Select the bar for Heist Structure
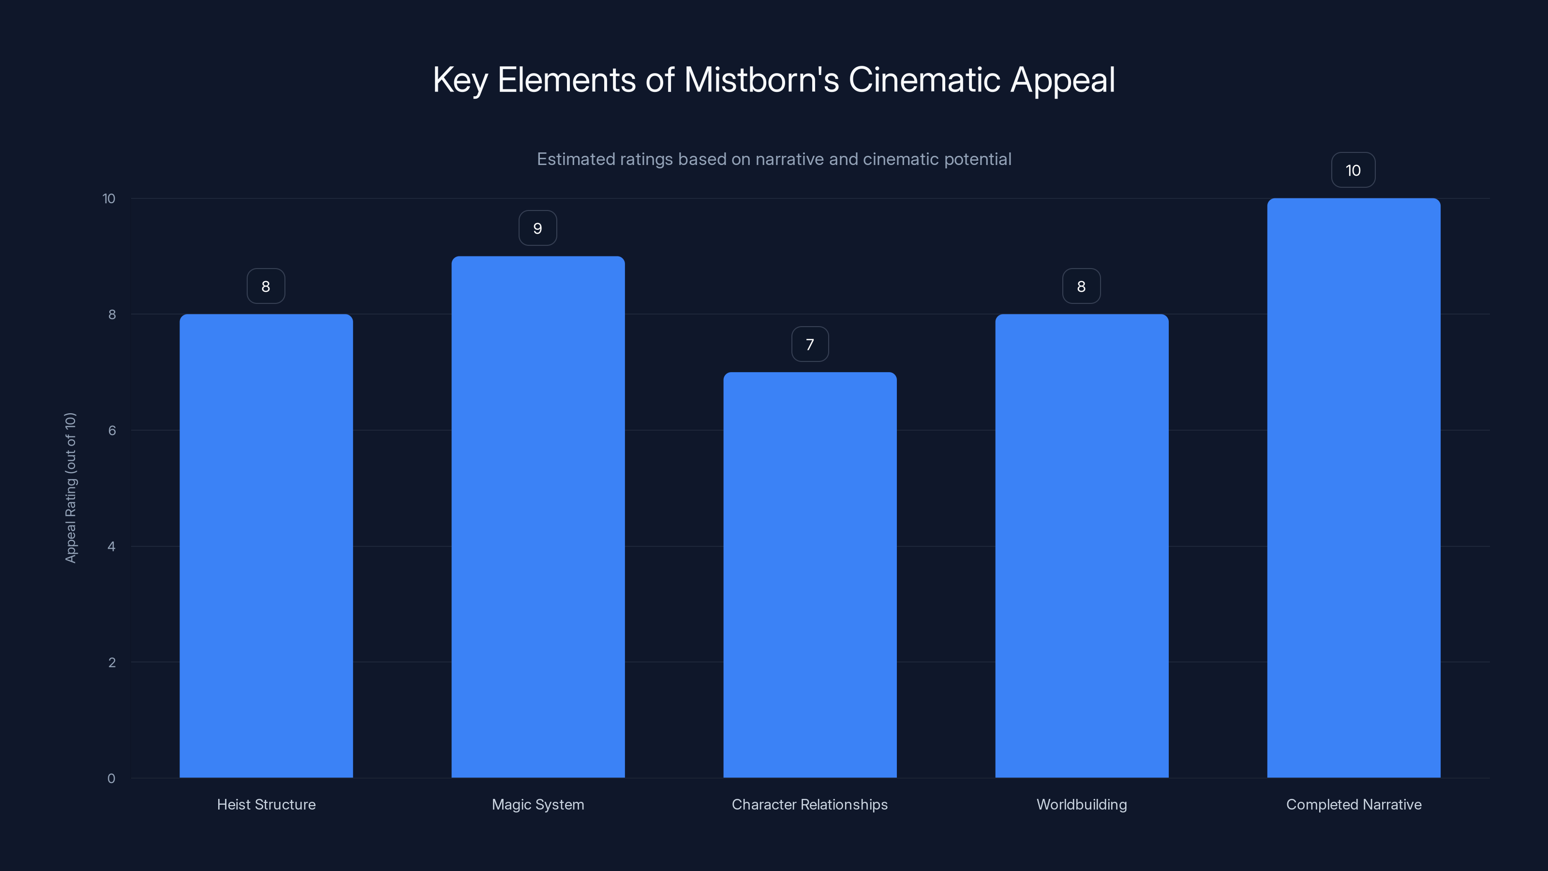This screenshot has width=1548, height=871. (x=266, y=546)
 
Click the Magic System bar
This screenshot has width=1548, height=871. (x=538, y=517)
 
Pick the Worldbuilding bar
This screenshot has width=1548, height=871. (x=1082, y=546)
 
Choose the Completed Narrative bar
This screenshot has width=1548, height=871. (x=1354, y=488)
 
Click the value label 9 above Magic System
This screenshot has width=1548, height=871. (x=538, y=228)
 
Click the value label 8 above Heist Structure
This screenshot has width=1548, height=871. (x=266, y=287)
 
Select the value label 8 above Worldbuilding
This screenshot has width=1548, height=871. (x=1082, y=287)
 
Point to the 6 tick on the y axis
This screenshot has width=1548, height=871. (x=112, y=430)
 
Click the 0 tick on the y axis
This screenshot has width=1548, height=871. (x=111, y=779)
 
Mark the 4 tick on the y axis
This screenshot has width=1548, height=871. (x=112, y=546)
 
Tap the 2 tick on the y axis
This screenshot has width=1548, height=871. (x=112, y=662)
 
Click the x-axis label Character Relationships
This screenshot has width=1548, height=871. (x=809, y=804)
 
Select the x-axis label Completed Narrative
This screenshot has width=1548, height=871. (x=1354, y=804)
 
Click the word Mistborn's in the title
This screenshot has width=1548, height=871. (x=761, y=80)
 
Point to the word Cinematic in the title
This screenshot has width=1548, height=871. (x=924, y=80)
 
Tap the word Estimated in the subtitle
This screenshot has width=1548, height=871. (x=573, y=159)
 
